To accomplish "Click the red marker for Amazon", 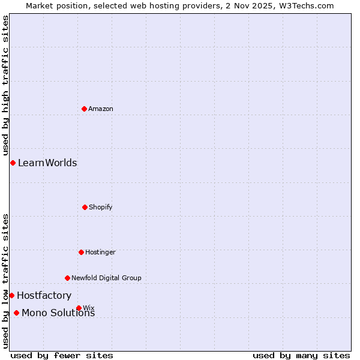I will click(84, 109).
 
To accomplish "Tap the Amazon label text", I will click(101, 109).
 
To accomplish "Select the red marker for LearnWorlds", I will click(13, 163).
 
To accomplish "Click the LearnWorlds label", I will click(47, 163).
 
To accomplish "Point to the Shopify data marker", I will click(85, 207).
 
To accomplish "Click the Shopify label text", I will click(101, 207).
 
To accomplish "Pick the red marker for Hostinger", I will click(81, 252).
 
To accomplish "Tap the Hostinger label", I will click(100, 252).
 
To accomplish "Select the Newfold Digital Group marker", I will click(67, 278).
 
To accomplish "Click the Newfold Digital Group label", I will click(106, 278).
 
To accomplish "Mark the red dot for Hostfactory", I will click(11, 295).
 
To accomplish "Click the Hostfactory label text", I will click(44, 295).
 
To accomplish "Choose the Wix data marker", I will click(79, 308).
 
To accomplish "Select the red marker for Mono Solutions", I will click(16, 313).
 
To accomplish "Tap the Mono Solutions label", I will click(58, 313).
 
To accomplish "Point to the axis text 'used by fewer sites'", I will click(62, 355).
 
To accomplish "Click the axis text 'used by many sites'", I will click(301, 355).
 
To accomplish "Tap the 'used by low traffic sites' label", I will click(5, 281).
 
